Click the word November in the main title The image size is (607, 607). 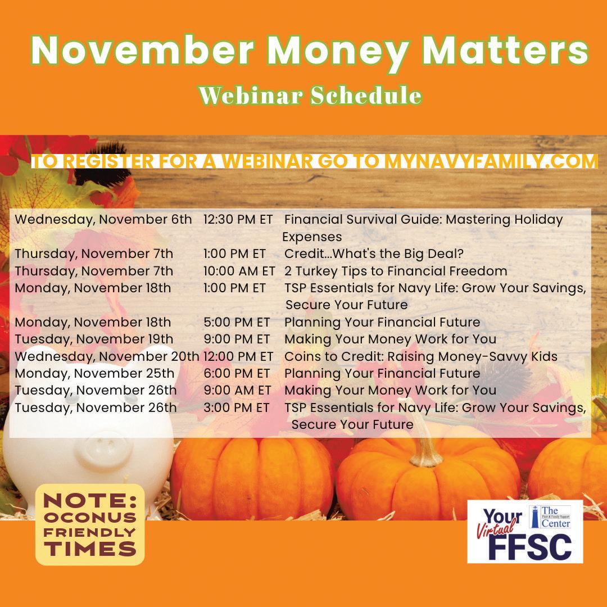pos(142,51)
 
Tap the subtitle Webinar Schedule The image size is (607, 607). pos(310,95)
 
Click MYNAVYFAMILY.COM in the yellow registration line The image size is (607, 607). pos(491,161)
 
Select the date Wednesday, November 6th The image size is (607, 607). pos(103,220)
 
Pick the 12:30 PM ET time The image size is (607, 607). pos(238,220)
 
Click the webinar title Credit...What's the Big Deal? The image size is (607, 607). pos(374,253)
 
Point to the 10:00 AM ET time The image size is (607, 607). pos(239,271)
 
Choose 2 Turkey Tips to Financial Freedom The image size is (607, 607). pos(396,271)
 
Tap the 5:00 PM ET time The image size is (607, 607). pos(237,322)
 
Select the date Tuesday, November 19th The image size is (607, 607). pos(94,339)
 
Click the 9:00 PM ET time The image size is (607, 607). pos(237,339)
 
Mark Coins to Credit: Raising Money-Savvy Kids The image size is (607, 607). pos(421,356)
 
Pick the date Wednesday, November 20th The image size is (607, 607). pos(107,356)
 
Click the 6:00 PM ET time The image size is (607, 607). pos(237,373)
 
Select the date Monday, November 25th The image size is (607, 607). pos(94,374)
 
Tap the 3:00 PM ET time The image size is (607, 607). pos(236,407)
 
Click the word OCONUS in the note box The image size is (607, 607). pos(90,518)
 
